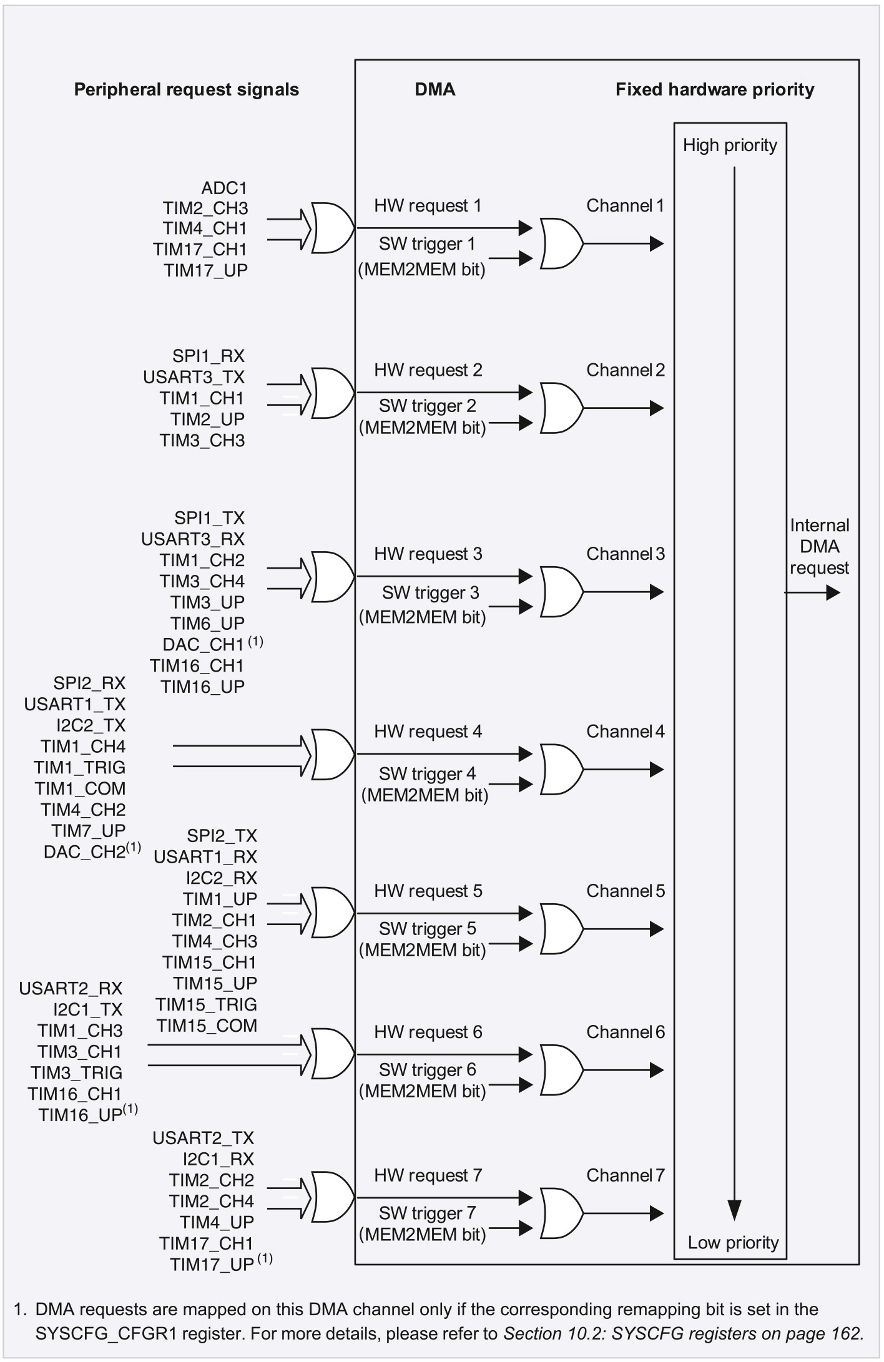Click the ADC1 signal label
(224, 188)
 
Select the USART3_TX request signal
(194, 377)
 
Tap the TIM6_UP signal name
(207, 623)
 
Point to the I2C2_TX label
(91, 725)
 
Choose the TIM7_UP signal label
(89, 831)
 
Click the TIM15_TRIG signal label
(206, 1004)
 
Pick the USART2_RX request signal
(71, 989)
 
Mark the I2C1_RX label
(219, 1159)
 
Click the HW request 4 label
(428, 732)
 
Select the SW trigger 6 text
(428, 1070)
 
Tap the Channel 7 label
(626, 1175)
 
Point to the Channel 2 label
(626, 370)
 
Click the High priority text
(730, 145)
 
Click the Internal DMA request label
(819, 547)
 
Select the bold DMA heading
(435, 90)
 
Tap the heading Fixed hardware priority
(715, 90)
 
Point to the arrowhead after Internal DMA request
(833, 593)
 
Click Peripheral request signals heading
(187, 90)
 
